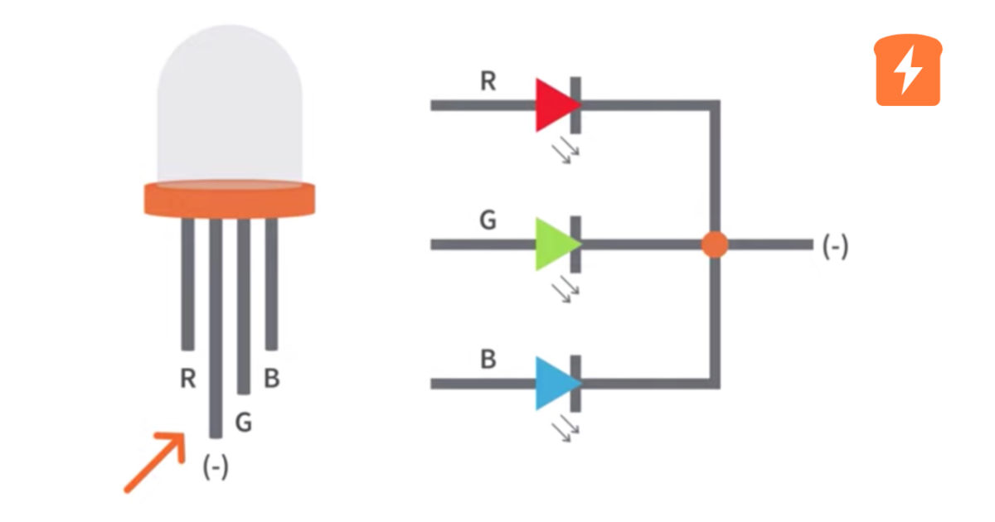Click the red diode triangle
pyautogui.click(x=553, y=105)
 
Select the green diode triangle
pyautogui.click(x=553, y=244)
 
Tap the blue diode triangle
pyautogui.click(x=553, y=384)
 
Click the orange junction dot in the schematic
pyautogui.click(x=714, y=244)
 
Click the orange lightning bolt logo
pyautogui.click(x=908, y=71)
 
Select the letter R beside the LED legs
pyautogui.click(x=187, y=379)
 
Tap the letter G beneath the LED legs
pyautogui.click(x=243, y=423)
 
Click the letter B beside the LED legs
pyautogui.click(x=271, y=379)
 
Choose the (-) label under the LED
pyautogui.click(x=216, y=466)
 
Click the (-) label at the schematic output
pyautogui.click(x=835, y=247)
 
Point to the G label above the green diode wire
pyautogui.click(x=488, y=221)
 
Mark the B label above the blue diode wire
pyautogui.click(x=489, y=360)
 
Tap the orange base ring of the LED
pyautogui.click(x=230, y=199)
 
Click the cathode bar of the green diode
pyautogui.click(x=575, y=244)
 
